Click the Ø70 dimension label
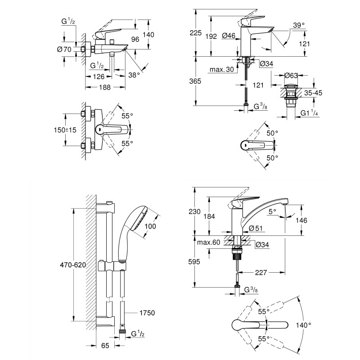point(65,49)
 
